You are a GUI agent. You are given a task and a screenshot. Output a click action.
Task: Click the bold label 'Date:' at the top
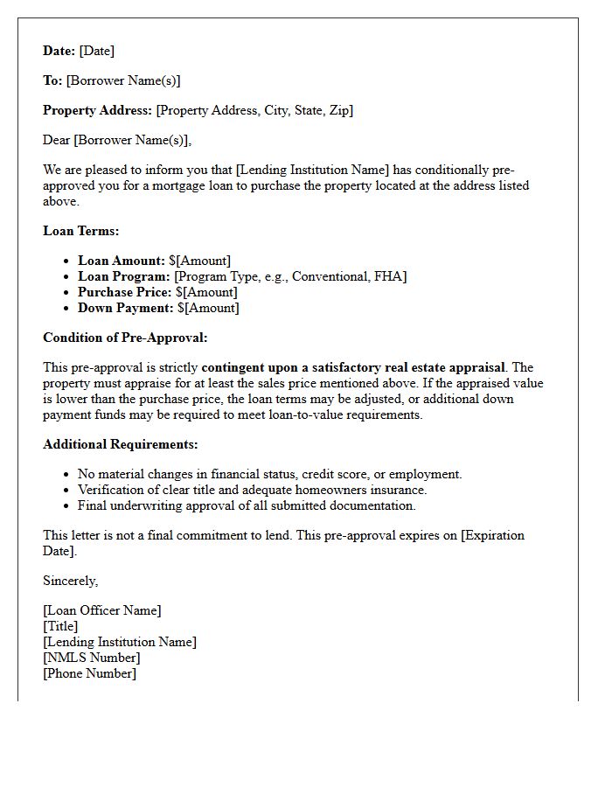click(59, 51)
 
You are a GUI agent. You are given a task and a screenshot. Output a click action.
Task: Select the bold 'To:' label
click(52, 80)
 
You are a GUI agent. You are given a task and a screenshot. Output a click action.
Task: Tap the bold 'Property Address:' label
click(97, 110)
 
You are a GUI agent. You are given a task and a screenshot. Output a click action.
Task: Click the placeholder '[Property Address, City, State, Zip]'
click(254, 110)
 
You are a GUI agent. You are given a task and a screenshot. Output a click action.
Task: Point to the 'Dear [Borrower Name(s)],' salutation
click(117, 140)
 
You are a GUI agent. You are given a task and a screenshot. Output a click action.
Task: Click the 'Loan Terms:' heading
click(80, 231)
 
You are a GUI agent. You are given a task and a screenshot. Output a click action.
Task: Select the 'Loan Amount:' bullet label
click(122, 261)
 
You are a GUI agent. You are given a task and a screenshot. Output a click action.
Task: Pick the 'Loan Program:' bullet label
click(124, 276)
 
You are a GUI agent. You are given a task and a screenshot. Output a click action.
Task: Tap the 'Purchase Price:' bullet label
click(125, 292)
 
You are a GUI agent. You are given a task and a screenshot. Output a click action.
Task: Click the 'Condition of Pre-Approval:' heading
click(125, 338)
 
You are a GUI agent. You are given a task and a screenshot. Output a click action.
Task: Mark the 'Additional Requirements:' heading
click(121, 444)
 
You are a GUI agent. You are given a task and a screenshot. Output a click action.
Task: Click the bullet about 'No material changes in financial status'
click(269, 474)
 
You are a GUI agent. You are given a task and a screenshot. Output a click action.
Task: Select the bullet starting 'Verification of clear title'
click(252, 490)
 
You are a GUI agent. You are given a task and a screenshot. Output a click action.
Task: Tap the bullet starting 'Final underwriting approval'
click(247, 505)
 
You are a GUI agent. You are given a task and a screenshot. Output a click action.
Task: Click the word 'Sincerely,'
click(71, 581)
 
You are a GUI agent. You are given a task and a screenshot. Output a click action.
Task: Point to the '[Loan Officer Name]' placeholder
click(102, 610)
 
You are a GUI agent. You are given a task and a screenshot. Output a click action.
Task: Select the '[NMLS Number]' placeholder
click(91, 658)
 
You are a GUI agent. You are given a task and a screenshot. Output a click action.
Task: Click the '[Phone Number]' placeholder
click(89, 673)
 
